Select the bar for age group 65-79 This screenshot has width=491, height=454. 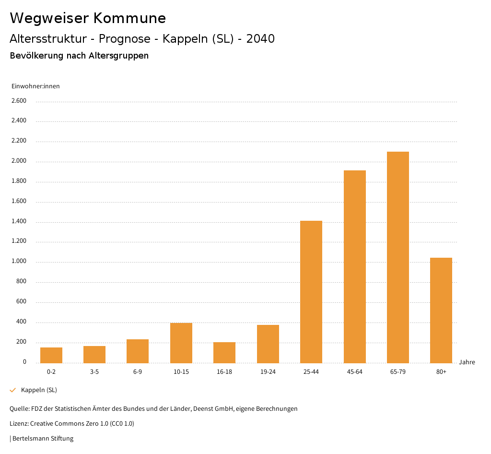[397, 257]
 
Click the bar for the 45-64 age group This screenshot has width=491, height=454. [354, 267]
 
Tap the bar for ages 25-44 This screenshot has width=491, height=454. [311, 292]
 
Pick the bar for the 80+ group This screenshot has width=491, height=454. [441, 310]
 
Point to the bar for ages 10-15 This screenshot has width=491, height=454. [181, 343]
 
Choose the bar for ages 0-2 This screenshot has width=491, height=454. [51, 355]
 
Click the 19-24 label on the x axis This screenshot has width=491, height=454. [268, 372]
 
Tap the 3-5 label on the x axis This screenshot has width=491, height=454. [94, 372]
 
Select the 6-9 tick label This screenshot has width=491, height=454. [138, 372]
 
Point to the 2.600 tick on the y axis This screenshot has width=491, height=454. [19, 101]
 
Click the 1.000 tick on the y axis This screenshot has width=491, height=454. [19, 262]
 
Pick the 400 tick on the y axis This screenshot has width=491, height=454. [21, 322]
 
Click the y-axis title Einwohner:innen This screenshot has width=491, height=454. [36, 86]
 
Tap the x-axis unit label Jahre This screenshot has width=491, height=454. [467, 362]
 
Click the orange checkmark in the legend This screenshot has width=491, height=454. [13, 390]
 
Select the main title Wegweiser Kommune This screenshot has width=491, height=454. [88, 18]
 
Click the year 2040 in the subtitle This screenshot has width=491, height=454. [260, 39]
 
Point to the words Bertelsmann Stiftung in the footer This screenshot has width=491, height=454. [43, 438]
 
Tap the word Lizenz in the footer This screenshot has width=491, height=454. [19, 424]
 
